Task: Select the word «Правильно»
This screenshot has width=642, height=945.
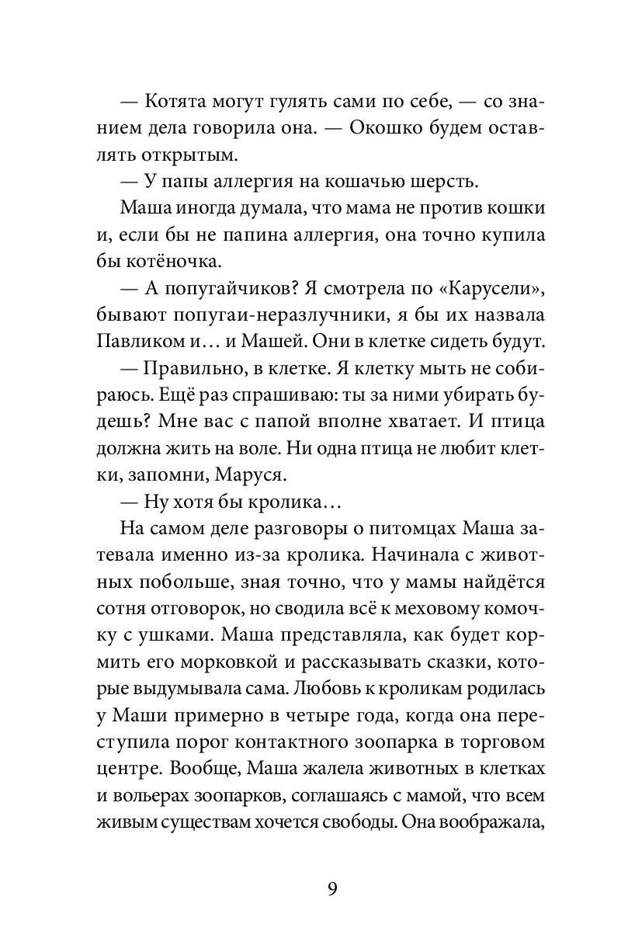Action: click(194, 370)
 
